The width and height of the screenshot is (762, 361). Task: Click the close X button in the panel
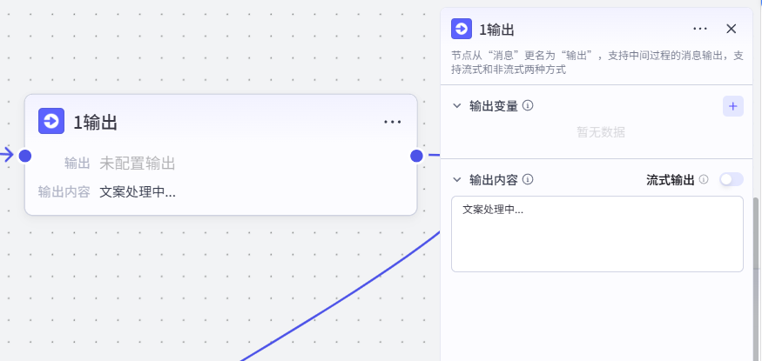(x=731, y=29)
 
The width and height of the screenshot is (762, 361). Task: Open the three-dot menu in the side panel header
(x=700, y=29)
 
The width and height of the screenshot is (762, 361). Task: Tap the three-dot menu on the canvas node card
(x=393, y=122)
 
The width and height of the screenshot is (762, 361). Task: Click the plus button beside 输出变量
(x=733, y=106)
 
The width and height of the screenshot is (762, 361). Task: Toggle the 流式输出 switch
(x=732, y=179)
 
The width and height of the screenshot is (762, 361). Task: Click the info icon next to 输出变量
(x=528, y=105)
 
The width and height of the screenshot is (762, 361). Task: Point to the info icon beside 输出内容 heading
(x=528, y=179)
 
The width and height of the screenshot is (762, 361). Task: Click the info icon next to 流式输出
(x=703, y=179)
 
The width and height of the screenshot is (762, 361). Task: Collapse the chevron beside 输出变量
(x=457, y=106)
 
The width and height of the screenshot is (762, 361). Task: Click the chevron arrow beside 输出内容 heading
(x=457, y=179)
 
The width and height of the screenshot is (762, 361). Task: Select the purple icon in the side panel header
(x=462, y=29)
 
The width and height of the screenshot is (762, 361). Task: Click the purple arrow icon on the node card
(x=51, y=121)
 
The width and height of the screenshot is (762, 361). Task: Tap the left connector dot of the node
(x=24, y=156)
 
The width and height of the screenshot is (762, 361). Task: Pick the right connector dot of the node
(x=416, y=156)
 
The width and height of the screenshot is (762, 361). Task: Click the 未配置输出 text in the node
(x=138, y=164)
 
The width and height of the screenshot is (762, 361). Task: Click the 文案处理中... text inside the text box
(x=493, y=211)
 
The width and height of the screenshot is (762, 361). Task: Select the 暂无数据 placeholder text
(x=601, y=132)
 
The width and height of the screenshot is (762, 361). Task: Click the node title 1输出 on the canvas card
(x=95, y=123)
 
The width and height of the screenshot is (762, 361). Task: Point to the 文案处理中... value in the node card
(x=138, y=192)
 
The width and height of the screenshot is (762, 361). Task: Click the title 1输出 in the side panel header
(x=496, y=30)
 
